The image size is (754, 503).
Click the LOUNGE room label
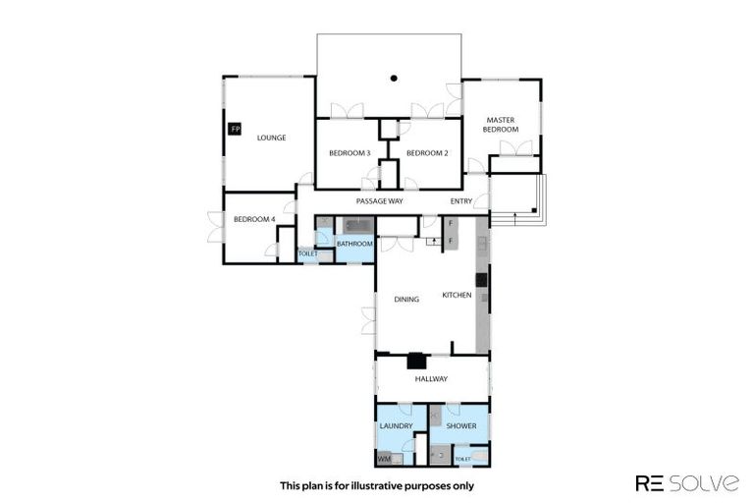tap(271, 138)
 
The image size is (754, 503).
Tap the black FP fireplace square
tap(235, 129)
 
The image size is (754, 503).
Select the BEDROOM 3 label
tap(349, 152)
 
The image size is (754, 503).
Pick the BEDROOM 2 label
tap(427, 152)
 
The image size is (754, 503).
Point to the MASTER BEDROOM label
tap(500, 125)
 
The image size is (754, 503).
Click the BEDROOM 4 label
tap(253, 219)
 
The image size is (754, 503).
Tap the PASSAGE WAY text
tap(379, 200)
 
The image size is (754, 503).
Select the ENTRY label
tap(461, 200)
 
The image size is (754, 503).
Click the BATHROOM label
tap(354, 243)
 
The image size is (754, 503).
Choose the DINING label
tap(406, 300)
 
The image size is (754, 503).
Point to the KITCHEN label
tap(457, 295)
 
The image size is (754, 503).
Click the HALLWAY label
tap(431, 378)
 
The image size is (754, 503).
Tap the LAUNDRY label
tap(396, 425)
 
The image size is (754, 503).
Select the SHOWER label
tap(461, 425)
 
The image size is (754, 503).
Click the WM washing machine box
tap(384, 458)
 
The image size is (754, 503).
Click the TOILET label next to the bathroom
tap(308, 254)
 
